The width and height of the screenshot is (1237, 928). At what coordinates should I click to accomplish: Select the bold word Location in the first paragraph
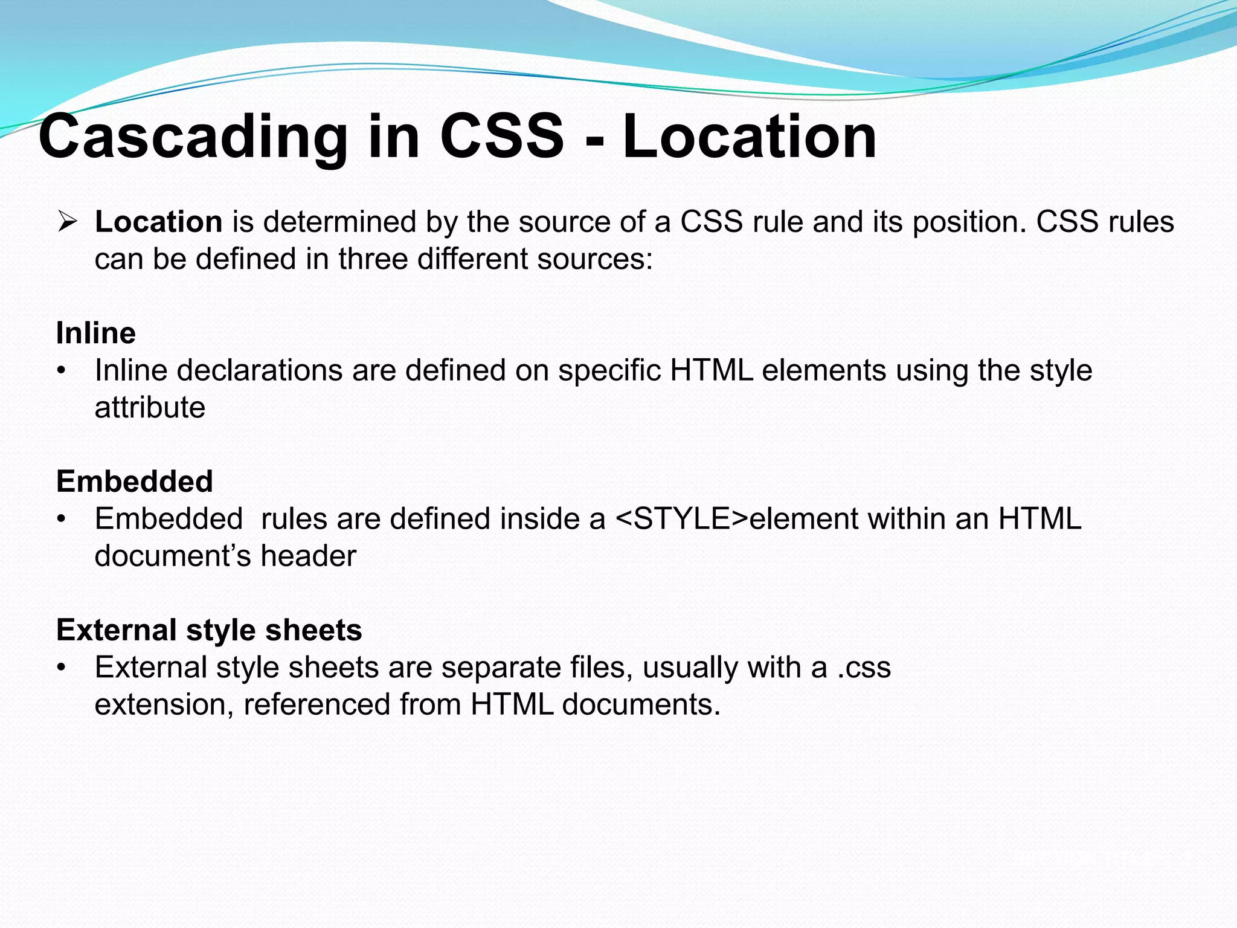159,222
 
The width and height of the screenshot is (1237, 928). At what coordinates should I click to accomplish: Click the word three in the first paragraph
371,259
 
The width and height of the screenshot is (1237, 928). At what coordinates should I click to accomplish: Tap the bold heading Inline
96,333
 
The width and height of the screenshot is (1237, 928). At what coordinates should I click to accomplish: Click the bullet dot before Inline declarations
60,371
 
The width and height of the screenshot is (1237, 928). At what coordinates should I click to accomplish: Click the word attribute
150,408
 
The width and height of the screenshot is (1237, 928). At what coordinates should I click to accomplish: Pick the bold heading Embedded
135,482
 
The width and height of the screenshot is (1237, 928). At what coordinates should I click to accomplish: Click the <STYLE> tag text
682,519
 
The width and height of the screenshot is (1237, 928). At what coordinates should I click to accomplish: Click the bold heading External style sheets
209,630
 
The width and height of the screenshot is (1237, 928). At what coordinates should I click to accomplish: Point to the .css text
864,668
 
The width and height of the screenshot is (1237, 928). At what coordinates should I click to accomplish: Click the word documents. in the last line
641,704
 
